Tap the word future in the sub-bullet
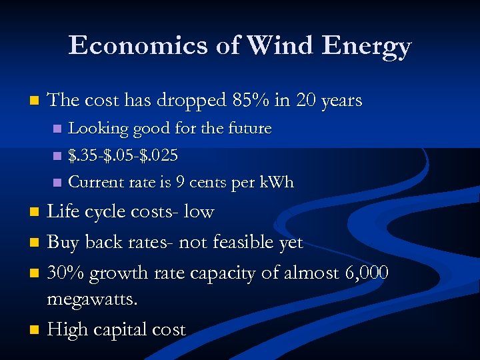pos(250,128)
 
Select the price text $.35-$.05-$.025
pos(123,155)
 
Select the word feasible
pos(243,242)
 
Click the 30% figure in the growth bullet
pos(66,273)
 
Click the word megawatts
pos(93,300)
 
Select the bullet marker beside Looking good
pos(57,128)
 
